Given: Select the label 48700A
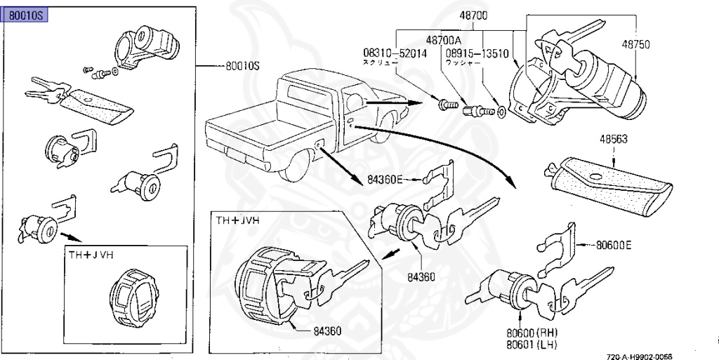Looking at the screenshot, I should (444, 41).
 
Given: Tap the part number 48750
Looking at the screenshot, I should (635, 44).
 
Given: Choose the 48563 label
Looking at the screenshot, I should (614, 139).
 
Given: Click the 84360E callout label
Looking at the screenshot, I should (385, 180).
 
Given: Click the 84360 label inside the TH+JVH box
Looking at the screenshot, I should (327, 331).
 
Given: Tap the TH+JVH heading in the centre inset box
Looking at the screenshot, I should (237, 220).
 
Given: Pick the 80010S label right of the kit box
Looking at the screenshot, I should (242, 67).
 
